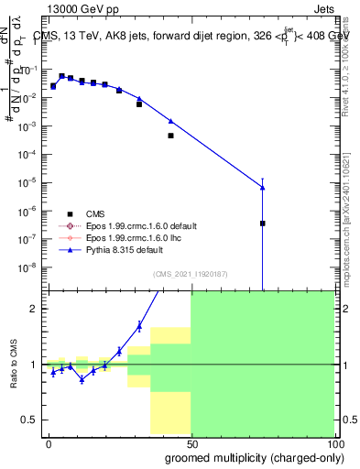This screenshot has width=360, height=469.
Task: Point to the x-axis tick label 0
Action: point(49,442)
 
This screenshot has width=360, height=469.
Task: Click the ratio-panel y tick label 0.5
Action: point(28,420)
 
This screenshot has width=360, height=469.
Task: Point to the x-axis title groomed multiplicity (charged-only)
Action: point(266,456)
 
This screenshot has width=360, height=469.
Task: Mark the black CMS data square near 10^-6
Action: point(262,223)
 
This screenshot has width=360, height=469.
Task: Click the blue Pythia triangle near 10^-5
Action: point(262,188)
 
